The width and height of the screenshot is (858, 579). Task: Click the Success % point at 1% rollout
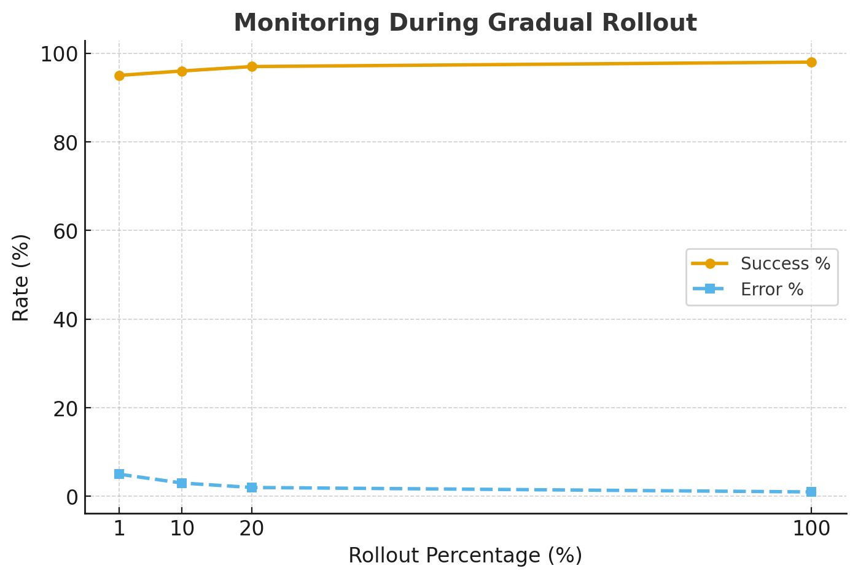[x=119, y=76]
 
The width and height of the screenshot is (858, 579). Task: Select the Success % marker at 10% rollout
[x=182, y=71]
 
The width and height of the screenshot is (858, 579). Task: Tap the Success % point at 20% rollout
[x=252, y=66]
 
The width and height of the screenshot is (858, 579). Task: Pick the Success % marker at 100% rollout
[x=811, y=62]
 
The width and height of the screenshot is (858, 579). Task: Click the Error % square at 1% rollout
[x=119, y=474]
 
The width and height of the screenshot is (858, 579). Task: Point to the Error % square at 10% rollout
[x=182, y=483]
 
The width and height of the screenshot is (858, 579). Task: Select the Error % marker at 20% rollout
[x=252, y=488]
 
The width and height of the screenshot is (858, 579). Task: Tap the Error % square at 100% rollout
[x=811, y=492]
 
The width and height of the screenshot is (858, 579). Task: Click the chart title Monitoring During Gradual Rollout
[x=465, y=23]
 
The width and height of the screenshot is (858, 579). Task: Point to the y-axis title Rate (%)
[x=21, y=277]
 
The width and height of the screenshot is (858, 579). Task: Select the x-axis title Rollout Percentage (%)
[x=465, y=555]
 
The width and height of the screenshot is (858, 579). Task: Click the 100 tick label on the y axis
[x=59, y=54]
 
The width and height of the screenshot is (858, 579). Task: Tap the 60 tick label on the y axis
[x=66, y=231]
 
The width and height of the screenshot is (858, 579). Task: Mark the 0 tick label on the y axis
[x=72, y=497]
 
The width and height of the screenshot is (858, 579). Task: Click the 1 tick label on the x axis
[x=119, y=528]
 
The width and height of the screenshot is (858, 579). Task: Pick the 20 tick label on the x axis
[x=252, y=528]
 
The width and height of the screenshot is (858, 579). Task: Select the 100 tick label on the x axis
[x=811, y=528]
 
